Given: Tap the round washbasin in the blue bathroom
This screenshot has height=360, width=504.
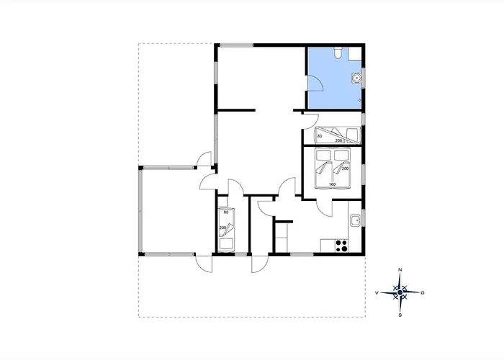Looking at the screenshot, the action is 356,78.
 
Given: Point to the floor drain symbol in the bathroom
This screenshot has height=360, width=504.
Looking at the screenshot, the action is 360,100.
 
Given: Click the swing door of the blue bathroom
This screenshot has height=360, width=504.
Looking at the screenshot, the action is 316,83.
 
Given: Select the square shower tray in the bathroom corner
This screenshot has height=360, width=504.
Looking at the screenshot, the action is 355,53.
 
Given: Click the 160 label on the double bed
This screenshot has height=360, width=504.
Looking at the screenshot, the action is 332,184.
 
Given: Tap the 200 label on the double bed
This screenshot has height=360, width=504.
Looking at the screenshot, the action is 345,168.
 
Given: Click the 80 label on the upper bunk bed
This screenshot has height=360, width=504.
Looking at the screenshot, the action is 320,136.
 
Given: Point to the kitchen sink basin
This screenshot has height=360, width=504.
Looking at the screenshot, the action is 356,220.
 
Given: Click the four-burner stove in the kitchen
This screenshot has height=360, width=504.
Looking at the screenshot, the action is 341,246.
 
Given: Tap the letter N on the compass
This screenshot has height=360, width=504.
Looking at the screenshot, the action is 400,269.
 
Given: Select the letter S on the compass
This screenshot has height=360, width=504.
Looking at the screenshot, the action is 400,315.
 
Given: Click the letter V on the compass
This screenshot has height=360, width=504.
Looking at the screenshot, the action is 377,293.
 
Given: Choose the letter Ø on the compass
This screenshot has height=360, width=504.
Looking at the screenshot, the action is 423,292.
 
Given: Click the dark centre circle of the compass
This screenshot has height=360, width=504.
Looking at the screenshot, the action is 400,292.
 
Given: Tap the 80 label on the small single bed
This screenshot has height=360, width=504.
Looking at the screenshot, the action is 226,212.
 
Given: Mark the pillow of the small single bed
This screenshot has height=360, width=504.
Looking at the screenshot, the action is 226,244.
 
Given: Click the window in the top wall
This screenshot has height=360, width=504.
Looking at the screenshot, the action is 236,45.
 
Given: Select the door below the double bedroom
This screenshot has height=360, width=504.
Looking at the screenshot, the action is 325,207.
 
